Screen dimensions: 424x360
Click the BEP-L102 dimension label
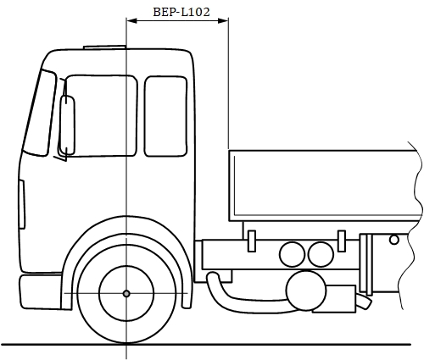click(x=181, y=12)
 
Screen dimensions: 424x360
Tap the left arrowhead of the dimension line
click(x=131, y=20)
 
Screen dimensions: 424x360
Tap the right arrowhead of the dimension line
click(x=223, y=20)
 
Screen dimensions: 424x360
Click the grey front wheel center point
click(x=126, y=294)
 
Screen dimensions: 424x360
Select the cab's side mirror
click(x=68, y=125)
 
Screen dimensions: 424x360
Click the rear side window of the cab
click(x=165, y=116)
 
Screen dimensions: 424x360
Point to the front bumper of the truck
click(x=41, y=292)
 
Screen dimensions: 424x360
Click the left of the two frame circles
click(x=292, y=254)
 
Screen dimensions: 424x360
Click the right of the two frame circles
click(x=321, y=254)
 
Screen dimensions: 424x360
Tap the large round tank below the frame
click(x=306, y=291)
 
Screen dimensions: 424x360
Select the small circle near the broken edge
click(x=394, y=240)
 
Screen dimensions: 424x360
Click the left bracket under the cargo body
click(x=252, y=241)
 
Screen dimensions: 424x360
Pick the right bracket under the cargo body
click(x=342, y=241)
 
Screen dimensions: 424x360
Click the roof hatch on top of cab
click(x=104, y=47)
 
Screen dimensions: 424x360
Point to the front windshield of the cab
click(x=40, y=113)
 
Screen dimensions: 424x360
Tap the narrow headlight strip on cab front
click(x=22, y=204)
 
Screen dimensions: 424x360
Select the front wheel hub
click(x=126, y=294)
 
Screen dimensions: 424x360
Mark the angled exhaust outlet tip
click(x=364, y=302)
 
